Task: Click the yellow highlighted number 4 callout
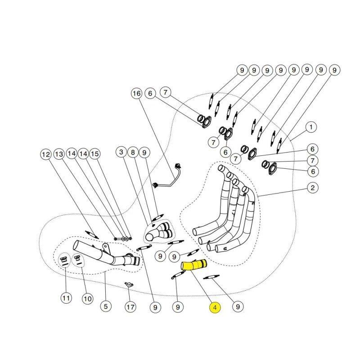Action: (215, 308)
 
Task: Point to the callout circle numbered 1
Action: (310, 127)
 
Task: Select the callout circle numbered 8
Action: (133, 153)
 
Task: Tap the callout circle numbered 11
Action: (66, 297)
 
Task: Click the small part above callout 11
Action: (64, 260)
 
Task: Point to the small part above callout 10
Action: (77, 259)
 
